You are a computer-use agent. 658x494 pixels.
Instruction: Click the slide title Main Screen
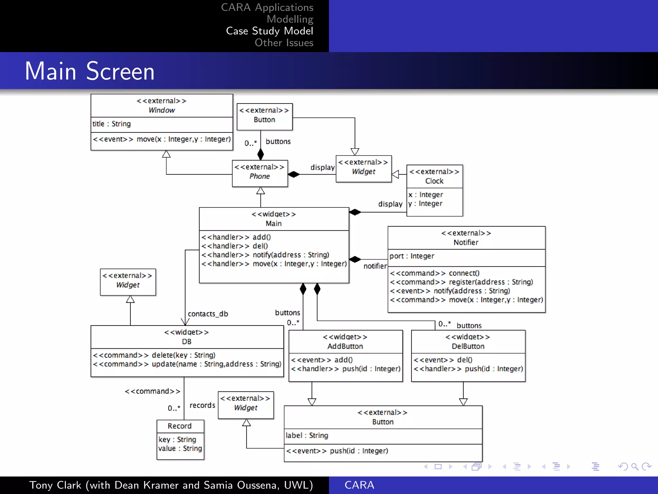[90, 71]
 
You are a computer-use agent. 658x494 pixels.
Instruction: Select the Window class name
[162, 110]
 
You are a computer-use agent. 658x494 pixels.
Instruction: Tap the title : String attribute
[111, 124]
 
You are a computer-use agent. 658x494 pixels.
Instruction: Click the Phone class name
[260, 176]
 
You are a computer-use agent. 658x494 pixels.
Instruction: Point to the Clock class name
[434, 181]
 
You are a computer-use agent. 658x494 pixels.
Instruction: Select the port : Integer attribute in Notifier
[412, 256]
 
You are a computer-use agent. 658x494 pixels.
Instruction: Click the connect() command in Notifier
[464, 273]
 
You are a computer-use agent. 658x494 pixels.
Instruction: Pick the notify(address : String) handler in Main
[291, 255]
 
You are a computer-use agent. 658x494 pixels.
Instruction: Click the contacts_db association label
[208, 314]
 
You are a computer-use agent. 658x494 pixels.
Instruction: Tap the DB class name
[187, 342]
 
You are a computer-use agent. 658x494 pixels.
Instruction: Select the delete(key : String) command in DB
[183, 355]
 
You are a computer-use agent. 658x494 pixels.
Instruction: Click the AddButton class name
[345, 346]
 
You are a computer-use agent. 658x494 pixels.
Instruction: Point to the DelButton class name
[468, 346]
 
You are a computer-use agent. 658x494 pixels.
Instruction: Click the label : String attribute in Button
[307, 435]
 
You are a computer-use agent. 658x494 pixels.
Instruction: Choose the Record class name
[180, 426]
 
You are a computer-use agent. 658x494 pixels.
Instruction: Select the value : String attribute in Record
[180, 448]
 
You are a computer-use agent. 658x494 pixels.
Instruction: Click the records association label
[202, 405]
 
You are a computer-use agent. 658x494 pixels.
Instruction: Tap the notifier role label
[375, 266]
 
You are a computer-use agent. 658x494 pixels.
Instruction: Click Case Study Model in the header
[269, 31]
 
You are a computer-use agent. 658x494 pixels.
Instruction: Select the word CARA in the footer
[359, 485]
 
